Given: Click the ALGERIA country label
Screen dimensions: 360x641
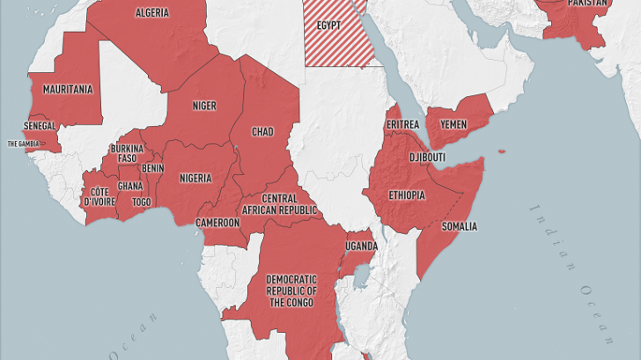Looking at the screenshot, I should click(151, 12).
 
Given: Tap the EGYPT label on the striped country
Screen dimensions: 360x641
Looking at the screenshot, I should click(328, 26).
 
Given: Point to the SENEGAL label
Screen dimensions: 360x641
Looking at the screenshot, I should click(40, 127).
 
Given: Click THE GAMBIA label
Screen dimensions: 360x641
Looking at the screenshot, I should click(25, 143).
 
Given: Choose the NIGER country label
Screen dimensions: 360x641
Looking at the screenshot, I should click(204, 106).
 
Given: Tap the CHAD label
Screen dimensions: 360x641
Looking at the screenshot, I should click(262, 132).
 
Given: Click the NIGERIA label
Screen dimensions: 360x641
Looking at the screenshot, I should click(195, 178).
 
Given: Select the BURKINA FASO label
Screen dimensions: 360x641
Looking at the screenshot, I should click(128, 153).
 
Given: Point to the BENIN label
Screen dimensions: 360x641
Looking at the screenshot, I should click(152, 168).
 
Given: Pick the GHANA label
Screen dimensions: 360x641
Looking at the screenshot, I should click(130, 186).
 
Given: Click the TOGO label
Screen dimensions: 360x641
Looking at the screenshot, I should click(141, 202).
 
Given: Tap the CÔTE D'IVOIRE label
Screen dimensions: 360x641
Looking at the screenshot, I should click(99, 197).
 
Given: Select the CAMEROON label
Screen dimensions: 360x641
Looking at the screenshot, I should click(217, 223).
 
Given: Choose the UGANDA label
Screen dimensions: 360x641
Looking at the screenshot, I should click(361, 245).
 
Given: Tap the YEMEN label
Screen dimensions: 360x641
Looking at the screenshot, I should click(453, 125).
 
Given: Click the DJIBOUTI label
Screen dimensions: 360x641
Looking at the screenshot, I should click(427, 158).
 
